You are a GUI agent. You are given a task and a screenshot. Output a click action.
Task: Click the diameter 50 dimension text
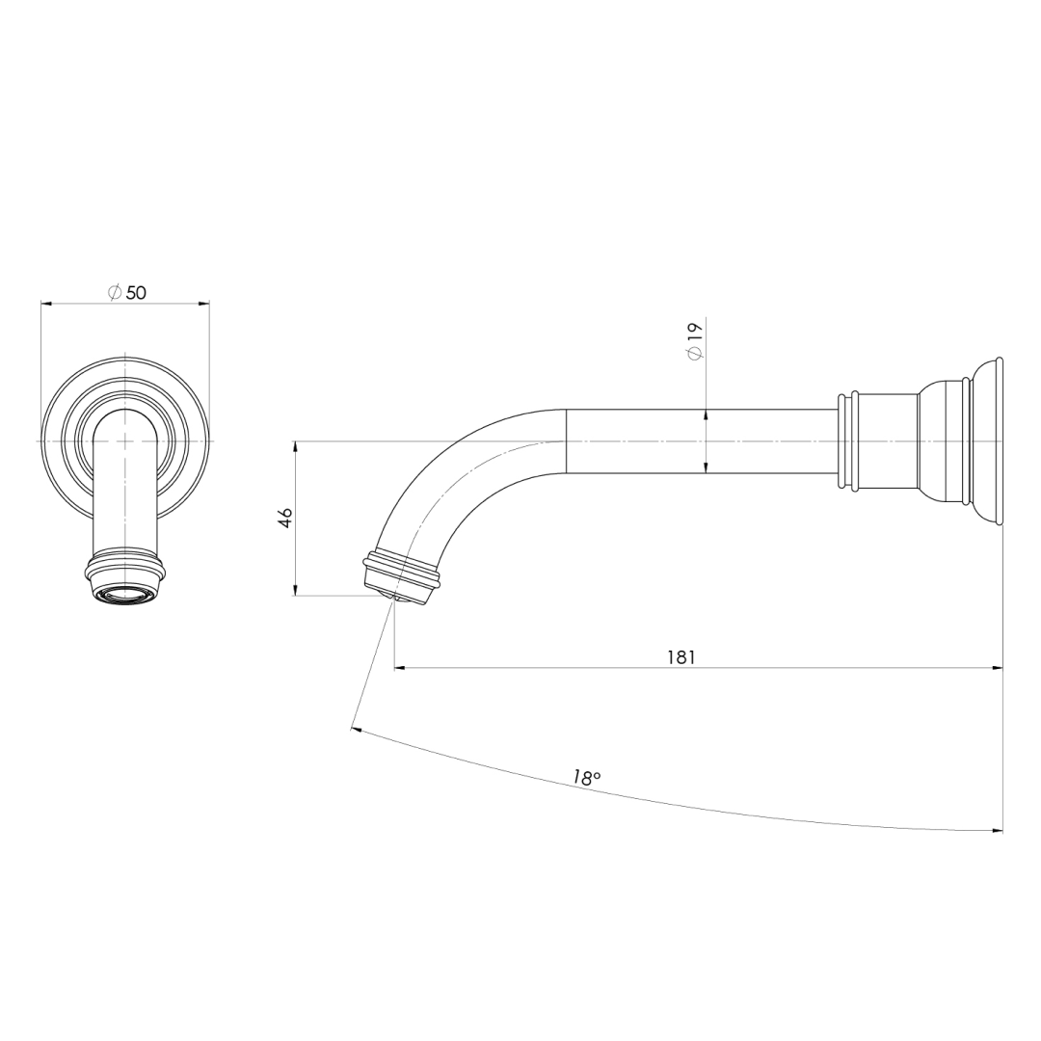click(127, 292)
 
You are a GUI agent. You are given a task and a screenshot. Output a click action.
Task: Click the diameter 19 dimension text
click(695, 341)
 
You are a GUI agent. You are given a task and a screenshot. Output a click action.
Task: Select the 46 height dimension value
click(285, 518)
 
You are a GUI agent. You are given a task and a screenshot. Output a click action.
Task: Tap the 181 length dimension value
click(681, 657)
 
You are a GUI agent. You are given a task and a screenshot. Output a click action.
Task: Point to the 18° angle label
click(586, 778)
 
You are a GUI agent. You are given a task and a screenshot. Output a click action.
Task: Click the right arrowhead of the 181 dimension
click(997, 667)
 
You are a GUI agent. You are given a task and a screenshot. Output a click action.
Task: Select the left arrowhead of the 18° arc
click(358, 731)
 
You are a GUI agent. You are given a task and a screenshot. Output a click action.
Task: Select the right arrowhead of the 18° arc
click(997, 830)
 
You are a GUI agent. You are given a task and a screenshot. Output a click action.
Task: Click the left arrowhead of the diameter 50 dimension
click(46, 304)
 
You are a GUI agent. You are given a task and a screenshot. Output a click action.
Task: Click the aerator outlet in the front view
click(125, 594)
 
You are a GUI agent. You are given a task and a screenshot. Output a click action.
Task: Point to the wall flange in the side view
click(988, 440)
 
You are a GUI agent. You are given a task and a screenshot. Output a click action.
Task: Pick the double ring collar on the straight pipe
click(848, 440)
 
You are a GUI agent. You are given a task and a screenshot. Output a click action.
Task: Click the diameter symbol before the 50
click(114, 292)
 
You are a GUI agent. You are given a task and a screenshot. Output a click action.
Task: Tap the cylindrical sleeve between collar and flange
click(887, 440)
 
